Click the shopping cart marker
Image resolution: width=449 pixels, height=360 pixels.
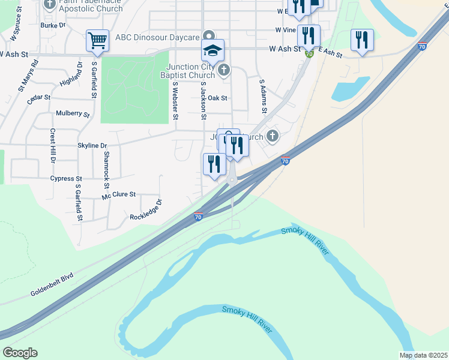pos(97,41)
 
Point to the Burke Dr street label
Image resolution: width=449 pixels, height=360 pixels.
pos(53,25)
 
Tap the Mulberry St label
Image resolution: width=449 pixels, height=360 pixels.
pos(72,113)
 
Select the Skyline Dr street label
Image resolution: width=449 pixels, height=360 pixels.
pos(92,145)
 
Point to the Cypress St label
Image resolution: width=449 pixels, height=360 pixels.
pos(66,179)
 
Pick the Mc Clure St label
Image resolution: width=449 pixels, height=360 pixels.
pos(119,194)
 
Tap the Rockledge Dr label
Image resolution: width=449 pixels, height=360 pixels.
pos(146,210)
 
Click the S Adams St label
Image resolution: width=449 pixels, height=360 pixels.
pos(262,96)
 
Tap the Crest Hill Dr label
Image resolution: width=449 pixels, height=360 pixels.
pos(53,146)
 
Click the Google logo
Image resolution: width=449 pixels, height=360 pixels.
pos(20,353)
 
